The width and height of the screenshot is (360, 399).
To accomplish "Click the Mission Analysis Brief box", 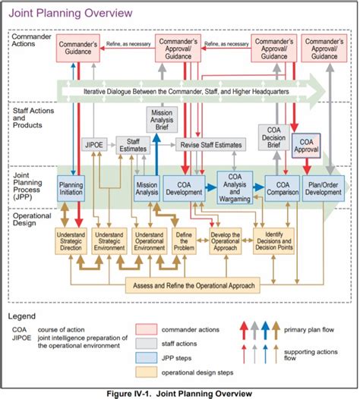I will point(162,120).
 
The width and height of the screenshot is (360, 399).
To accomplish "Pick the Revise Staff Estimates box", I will point(211,144).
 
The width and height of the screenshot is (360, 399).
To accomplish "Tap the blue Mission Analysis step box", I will point(147,187).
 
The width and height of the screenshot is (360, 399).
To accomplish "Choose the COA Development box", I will point(184,187).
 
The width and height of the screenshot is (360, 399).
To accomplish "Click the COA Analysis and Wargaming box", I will point(235,187).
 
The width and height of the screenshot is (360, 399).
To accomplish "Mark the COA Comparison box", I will point(283,187).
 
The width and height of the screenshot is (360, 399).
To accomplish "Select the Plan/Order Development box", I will point(323,187).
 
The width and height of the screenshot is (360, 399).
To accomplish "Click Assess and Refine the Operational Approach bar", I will point(210,285).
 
